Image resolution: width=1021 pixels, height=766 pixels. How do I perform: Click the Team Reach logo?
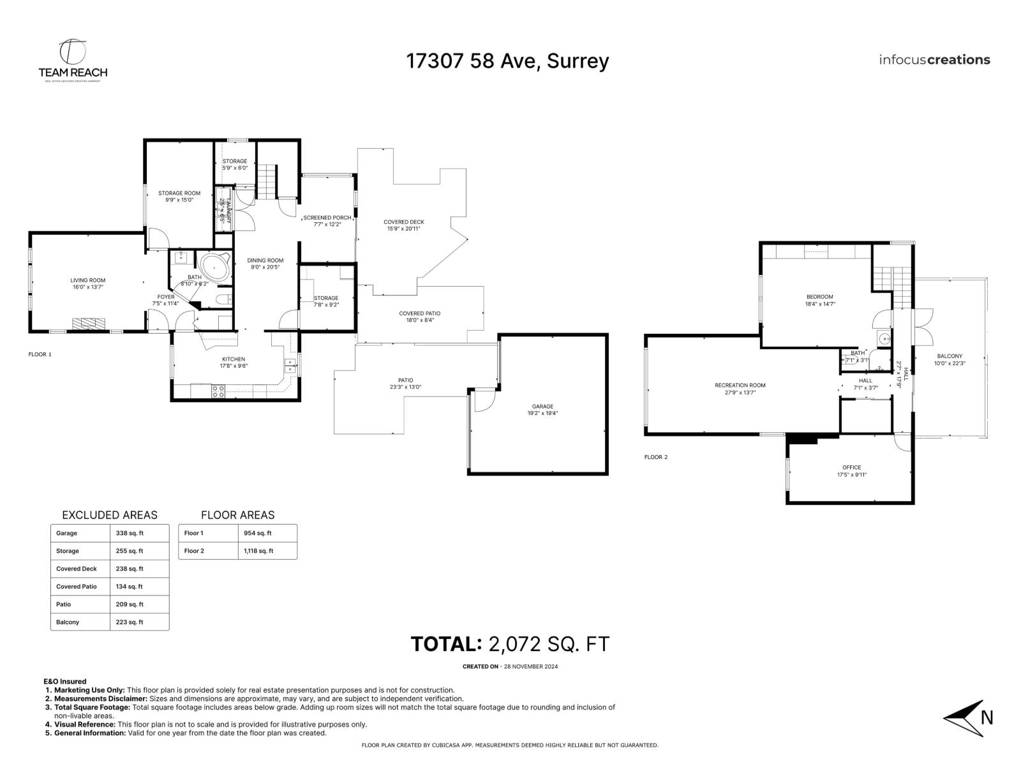72,61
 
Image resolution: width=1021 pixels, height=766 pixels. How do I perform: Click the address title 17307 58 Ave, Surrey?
507,61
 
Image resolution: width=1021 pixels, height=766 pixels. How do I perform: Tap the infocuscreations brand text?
934,60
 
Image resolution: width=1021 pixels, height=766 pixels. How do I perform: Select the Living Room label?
87,280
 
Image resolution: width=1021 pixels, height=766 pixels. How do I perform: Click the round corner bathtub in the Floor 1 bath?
214,267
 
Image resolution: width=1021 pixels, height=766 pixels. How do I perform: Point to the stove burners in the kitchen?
218,391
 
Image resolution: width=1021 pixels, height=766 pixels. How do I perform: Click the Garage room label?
542,406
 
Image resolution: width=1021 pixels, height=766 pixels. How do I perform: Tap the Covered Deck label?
403,222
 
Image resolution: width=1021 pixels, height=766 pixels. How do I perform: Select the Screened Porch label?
327,218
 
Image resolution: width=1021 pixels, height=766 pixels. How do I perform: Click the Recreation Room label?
740,385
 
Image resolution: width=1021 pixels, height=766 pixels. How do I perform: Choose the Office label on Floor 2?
851,467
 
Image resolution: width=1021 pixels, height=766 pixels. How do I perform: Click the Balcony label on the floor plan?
950,356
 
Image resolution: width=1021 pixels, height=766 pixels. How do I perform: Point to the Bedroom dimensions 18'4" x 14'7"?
820,304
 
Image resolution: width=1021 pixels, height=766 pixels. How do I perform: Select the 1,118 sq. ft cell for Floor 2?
258,551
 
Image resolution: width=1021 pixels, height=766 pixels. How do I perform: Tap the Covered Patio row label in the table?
77,587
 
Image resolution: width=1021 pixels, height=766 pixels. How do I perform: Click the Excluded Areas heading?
109,515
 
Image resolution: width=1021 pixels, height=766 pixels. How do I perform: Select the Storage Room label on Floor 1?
179,193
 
